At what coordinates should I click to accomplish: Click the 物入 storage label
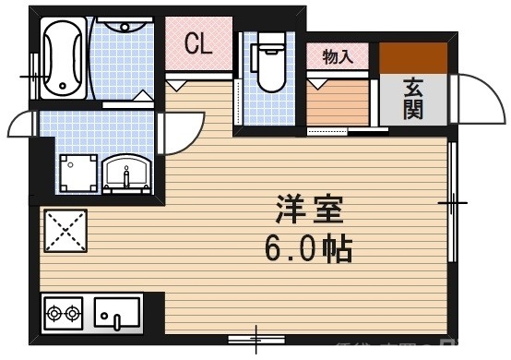pos(338,56)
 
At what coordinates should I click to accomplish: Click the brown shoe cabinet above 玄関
pos(414,57)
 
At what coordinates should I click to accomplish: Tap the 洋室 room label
pos(308,211)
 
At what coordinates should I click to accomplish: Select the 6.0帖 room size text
pos(307,247)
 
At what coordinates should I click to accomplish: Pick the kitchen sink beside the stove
pos(116,314)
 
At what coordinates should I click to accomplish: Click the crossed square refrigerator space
pos(64,230)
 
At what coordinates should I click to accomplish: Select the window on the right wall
pos(452,200)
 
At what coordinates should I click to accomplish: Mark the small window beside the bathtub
pos(35,68)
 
